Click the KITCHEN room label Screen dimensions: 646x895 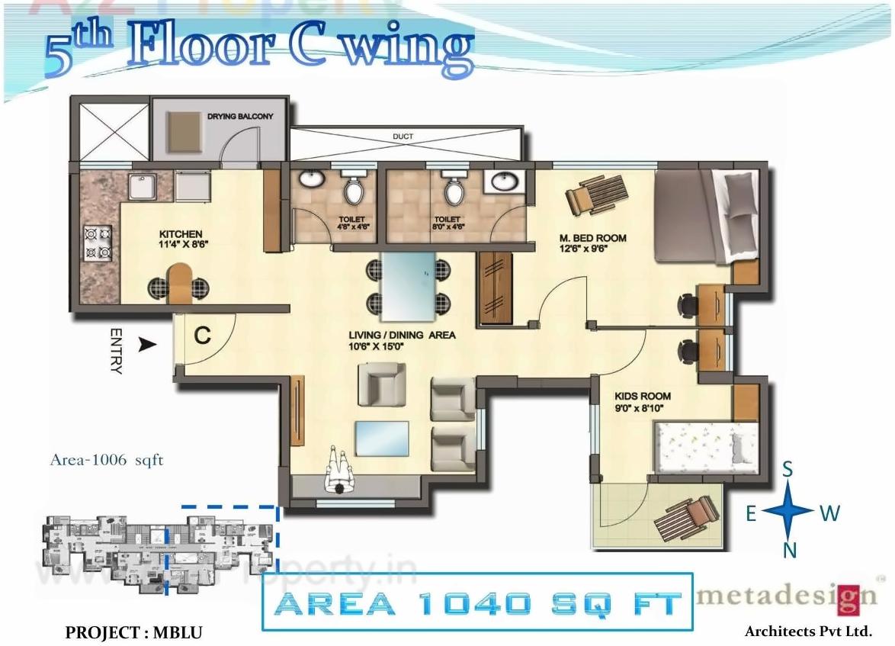(181, 233)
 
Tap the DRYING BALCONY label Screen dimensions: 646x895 (239, 117)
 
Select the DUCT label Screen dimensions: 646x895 (403, 137)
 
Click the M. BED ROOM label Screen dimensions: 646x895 (593, 239)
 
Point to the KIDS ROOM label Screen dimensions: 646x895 (643, 396)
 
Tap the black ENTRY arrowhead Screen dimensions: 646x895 (147, 345)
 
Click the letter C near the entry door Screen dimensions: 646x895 (202, 336)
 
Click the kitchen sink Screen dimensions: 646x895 (142, 188)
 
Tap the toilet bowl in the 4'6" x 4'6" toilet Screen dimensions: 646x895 (353, 188)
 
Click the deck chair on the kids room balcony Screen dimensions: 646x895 (688, 518)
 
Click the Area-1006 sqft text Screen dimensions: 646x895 (106, 461)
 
